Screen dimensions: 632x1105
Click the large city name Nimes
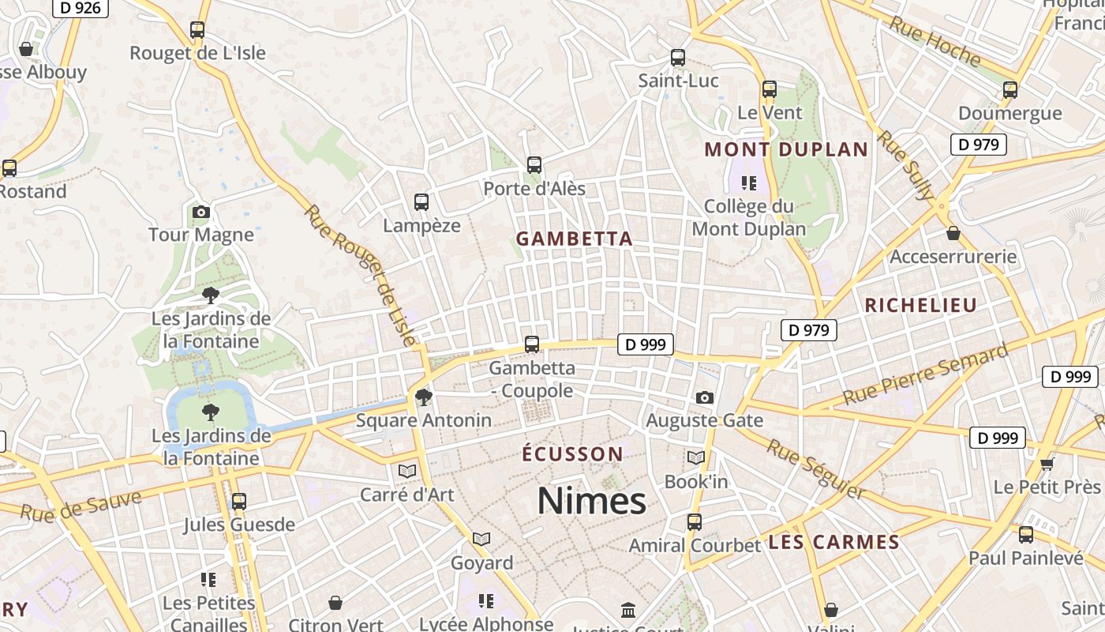point(591,501)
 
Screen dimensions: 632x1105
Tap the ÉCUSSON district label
point(573,454)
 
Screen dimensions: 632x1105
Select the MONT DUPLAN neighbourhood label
point(786,149)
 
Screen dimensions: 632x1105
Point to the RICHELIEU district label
point(920,305)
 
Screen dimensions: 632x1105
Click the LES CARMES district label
point(833,542)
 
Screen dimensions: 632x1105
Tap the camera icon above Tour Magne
point(201,212)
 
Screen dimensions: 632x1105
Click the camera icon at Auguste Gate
point(705,397)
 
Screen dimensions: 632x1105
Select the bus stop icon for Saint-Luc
point(678,58)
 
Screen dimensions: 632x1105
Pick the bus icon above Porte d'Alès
point(534,165)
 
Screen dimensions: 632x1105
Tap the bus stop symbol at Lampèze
point(421,202)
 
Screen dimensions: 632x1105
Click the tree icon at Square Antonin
point(424,397)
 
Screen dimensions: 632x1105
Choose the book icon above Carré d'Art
point(407,472)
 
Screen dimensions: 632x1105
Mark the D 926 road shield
point(81,8)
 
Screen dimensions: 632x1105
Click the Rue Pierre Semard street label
point(925,374)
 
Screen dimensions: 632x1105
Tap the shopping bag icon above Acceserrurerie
point(953,233)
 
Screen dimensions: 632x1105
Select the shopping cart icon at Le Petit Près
point(1047,463)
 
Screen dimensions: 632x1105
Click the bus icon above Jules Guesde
point(239,501)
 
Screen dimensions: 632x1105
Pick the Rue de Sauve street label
point(81,506)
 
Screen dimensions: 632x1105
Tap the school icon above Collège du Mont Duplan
point(749,183)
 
